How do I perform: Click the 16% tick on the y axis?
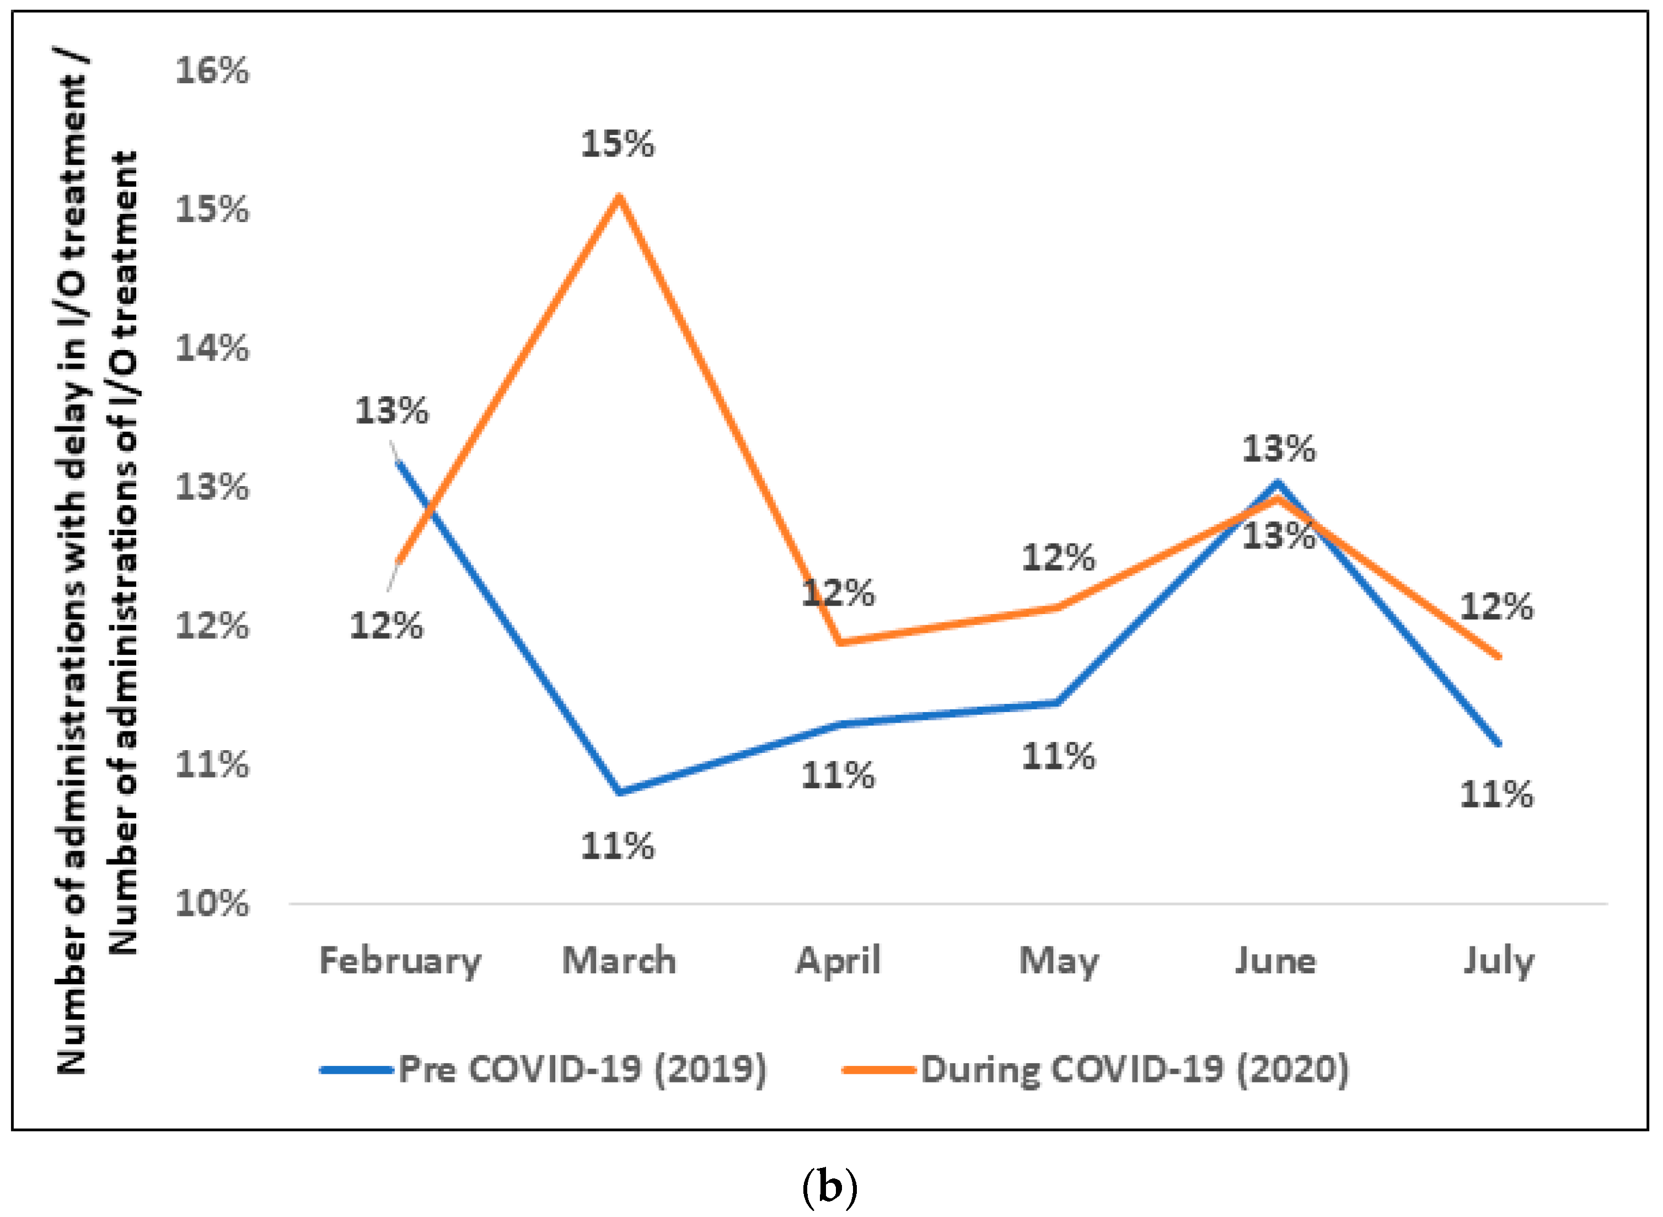pos(212,72)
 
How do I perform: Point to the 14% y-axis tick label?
pos(212,348)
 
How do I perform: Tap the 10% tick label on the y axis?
pos(212,903)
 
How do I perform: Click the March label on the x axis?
pos(619,961)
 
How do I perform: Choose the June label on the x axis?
pos(1275,961)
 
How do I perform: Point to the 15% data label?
pos(618,144)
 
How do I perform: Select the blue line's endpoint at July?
pos(1498,744)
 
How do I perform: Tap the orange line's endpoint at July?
pos(1498,656)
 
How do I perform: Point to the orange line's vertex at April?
pos(839,642)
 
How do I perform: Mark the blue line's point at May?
pos(1058,703)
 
